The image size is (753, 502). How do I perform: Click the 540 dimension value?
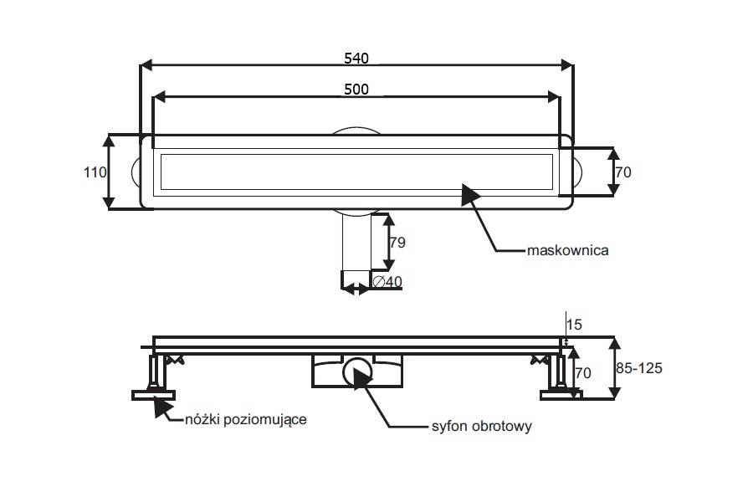pyautogui.click(x=356, y=58)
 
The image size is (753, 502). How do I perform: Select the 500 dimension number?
pyautogui.click(x=356, y=90)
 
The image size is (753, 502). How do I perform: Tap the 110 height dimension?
pyautogui.click(x=95, y=172)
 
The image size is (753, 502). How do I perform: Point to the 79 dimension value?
pyautogui.click(x=397, y=242)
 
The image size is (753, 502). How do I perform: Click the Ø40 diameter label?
pyautogui.click(x=387, y=281)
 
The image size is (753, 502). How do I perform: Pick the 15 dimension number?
pyautogui.click(x=574, y=325)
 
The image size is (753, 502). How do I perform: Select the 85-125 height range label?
pyautogui.click(x=638, y=368)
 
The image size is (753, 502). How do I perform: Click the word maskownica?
pyautogui.click(x=567, y=250)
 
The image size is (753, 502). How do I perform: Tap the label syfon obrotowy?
pyautogui.click(x=482, y=427)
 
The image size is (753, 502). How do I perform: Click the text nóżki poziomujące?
pyautogui.click(x=246, y=419)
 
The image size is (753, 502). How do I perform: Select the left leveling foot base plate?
pyautogui.click(x=153, y=396)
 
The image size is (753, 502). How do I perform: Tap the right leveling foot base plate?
pyautogui.click(x=561, y=396)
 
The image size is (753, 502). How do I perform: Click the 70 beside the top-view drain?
pyautogui.click(x=623, y=172)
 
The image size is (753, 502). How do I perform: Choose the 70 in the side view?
pyautogui.click(x=583, y=373)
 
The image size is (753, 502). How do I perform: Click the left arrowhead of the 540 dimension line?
pyautogui.click(x=146, y=65)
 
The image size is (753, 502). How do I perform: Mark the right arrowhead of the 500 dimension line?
pyautogui.click(x=554, y=96)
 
